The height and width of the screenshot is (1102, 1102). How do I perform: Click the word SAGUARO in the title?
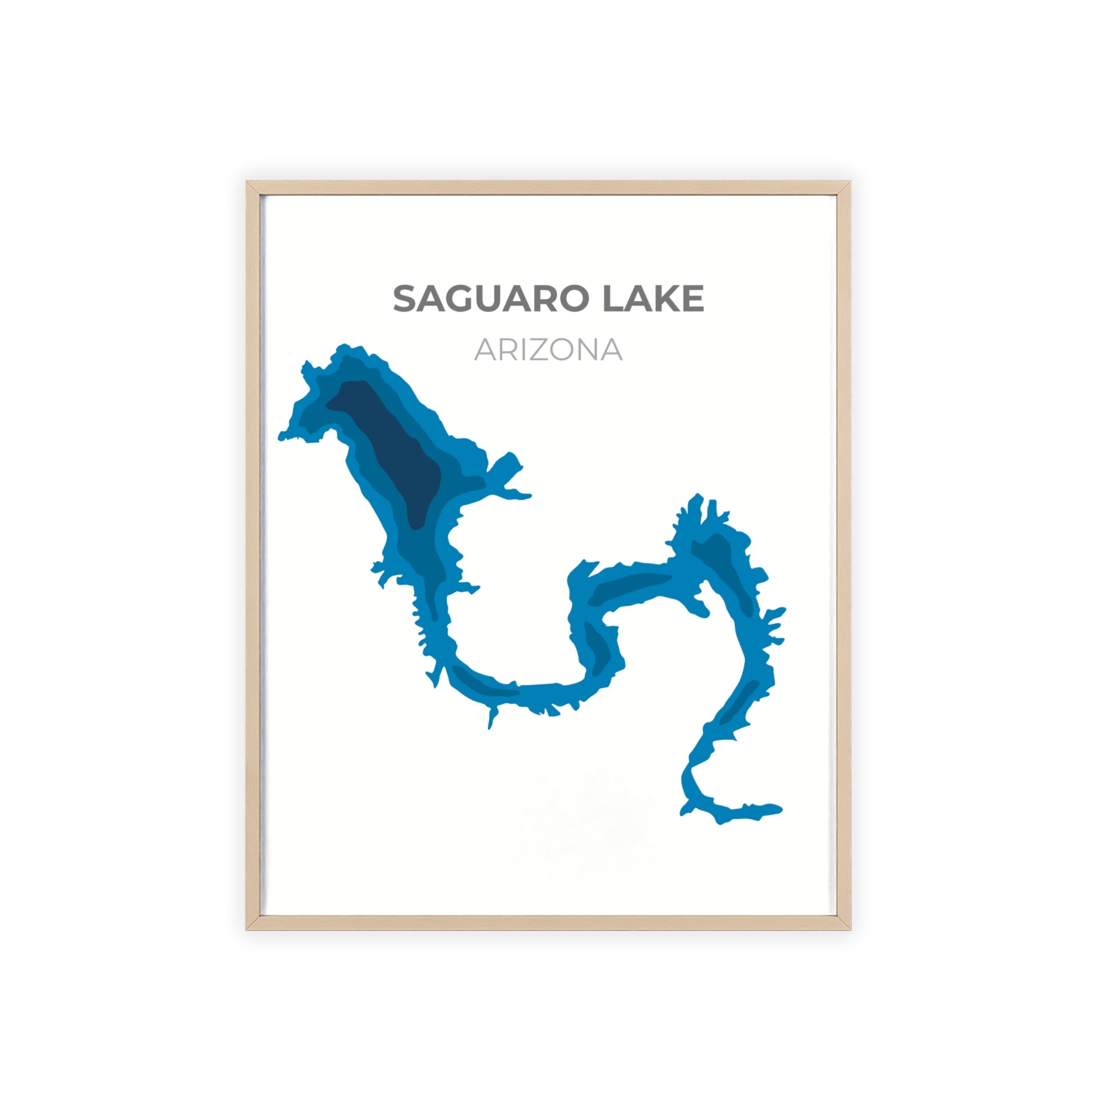tap(491, 299)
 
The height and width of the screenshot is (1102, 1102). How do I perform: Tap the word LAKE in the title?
tap(654, 299)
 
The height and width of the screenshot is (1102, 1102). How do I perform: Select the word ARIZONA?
tap(548, 350)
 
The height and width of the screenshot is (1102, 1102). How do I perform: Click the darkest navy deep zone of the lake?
tap(393, 450)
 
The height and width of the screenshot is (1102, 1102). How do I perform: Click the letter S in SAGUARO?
tap(406, 299)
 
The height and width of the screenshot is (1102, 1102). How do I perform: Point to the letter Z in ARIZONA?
tap(538, 350)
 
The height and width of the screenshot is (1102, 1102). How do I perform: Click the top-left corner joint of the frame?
tap(254, 189)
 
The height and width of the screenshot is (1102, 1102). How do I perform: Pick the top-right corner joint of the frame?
tap(843, 189)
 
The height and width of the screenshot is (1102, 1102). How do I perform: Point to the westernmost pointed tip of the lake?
tap(281, 437)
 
